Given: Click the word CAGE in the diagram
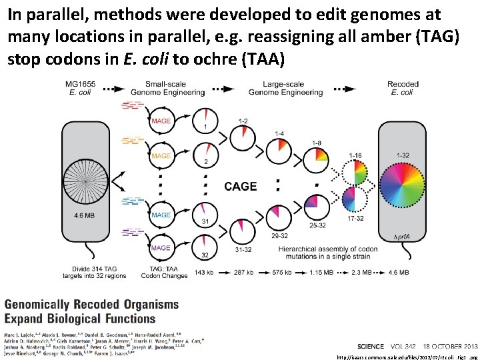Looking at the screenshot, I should (x=241, y=186).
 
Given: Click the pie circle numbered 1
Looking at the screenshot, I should (x=206, y=120).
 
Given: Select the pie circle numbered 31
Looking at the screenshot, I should (x=206, y=215).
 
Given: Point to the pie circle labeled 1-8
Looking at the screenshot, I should (x=319, y=159).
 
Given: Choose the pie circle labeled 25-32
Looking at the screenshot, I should (x=319, y=209).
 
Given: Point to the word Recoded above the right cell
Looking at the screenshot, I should (x=403, y=84).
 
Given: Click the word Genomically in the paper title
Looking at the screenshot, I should (x=41, y=305).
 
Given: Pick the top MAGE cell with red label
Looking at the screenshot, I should (x=161, y=121).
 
